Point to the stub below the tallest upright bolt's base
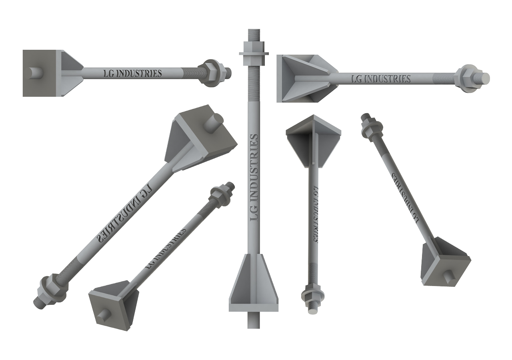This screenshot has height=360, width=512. tap(253, 320)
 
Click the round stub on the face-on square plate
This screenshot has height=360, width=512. tap(36, 73)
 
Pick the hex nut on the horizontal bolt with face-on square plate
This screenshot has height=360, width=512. tap(210, 73)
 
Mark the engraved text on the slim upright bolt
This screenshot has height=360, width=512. tap(314, 214)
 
